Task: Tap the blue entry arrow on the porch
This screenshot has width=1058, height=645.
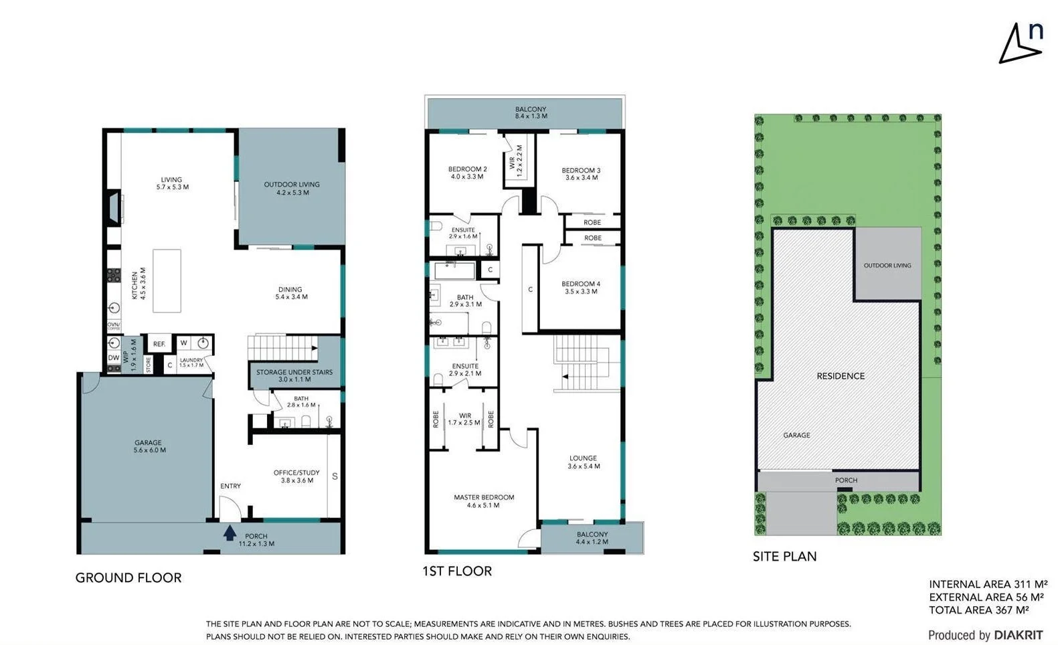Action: pyautogui.click(x=230, y=533)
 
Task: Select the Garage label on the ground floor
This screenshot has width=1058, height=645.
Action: pyautogui.click(x=149, y=446)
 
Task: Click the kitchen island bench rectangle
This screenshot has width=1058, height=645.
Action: pyautogui.click(x=167, y=280)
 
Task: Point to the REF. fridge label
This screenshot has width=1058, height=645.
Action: pyautogui.click(x=159, y=344)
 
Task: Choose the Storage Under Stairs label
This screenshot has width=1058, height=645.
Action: pyautogui.click(x=294, y=375)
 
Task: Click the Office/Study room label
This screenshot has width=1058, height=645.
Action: pyautogui.click(x=296, y=476)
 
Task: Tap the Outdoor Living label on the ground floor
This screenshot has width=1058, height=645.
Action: pyautogui.click(x=292, y=188)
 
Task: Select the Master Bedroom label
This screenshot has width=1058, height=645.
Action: pyautogui.click(x=484, y=501)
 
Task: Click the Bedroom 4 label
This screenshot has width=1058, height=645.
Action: pyautogui.click(x=581, y=288)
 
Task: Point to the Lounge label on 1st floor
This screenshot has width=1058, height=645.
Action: pyautogui.click(x=584, y=462)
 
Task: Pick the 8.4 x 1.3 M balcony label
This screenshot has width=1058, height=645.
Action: pyautogui.click(x=531, y=112)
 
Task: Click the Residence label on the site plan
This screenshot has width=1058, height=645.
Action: pyautogui.click(x=841, y=376)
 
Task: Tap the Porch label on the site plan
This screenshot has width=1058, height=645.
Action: pyautogui.click(x=846, y=480)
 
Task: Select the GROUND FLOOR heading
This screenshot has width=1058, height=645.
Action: pyautogui.click(x=128, y=578)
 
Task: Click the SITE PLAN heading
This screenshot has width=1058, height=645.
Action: pyautogui.click(x=784, y=557)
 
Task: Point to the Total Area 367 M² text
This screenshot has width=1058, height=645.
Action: pyautogui.click(x=978, y=610)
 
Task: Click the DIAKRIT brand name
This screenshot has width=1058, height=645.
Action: pyautogui.click(x=1018, y=635)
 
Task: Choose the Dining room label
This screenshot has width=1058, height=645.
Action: pyautogui.click(x=291, y=293)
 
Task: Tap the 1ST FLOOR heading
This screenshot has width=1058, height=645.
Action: pyautogui.click(x=457, y=571)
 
